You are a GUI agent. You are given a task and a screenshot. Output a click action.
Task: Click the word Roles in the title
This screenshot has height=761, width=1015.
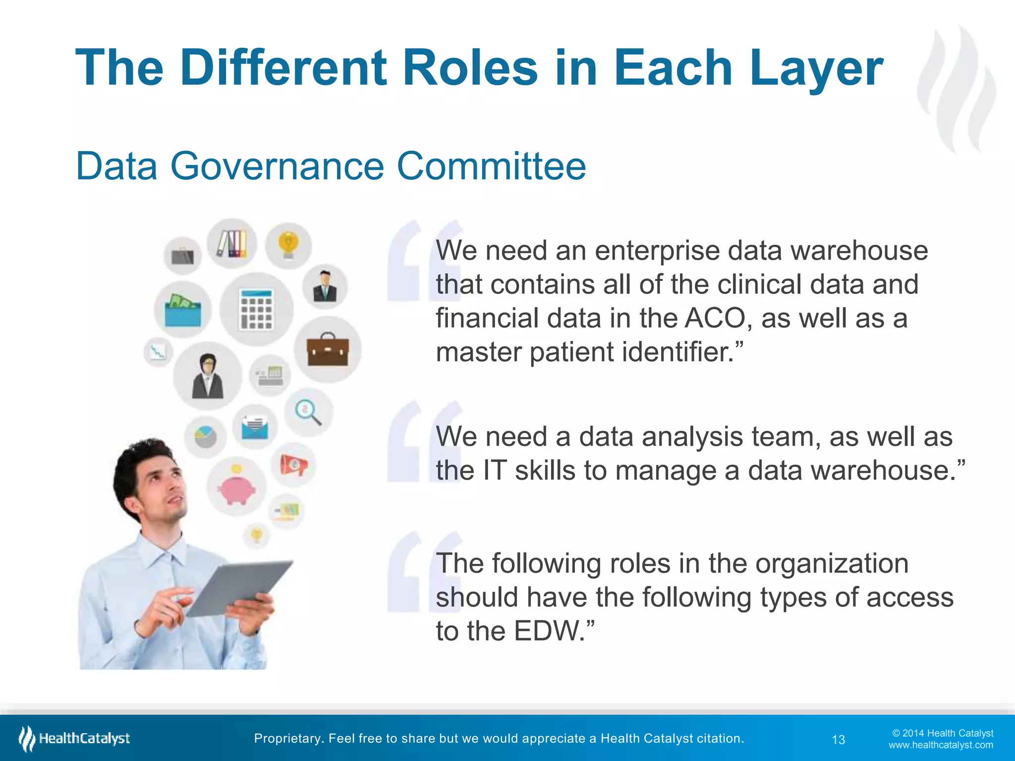(470, 68)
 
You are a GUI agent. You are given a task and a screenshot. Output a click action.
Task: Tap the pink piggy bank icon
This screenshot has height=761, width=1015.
(237, 488)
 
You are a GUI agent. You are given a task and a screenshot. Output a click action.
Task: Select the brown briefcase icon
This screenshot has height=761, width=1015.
(328, 350)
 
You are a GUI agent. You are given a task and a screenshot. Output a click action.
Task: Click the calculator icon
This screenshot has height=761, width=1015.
(256, 310)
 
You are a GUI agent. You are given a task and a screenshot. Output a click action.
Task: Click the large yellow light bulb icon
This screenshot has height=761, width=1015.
(288, 245)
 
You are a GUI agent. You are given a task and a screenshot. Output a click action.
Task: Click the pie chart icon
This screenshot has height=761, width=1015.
(205, 436)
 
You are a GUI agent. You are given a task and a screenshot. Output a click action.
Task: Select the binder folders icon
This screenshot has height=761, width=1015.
(232, 244)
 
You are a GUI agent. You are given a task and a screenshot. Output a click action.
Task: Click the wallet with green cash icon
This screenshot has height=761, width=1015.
(182, 311)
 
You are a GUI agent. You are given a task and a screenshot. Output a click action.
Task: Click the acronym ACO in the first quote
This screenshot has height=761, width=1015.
(715, 318)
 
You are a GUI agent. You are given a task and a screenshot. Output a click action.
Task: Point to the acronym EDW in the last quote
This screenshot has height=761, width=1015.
(549, 631)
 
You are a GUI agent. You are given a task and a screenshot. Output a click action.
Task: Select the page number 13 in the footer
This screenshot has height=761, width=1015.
(838, 740)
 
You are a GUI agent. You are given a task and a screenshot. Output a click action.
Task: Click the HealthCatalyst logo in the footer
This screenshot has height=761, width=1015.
(74, 739)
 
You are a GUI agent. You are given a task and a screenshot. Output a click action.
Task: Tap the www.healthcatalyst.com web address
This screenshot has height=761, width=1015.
(940, 745)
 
